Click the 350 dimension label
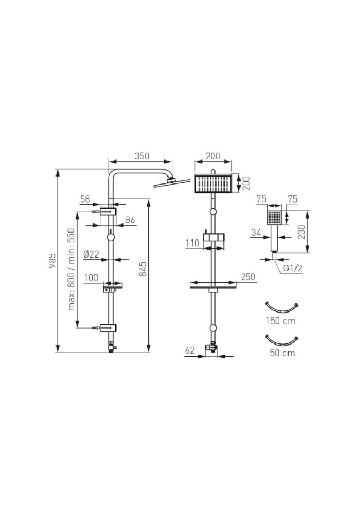click(x=142, y=156)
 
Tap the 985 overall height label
click(x=52, y=261)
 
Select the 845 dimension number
click(x=142, y=269)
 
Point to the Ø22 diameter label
click(x=91, y=254)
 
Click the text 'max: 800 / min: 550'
click(x=71, y=269)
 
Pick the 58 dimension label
click(x=85, y=199)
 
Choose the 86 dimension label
click(x=130, y=219)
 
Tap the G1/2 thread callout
click(x=292, y=268)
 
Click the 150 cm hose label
click(x=281, y=321)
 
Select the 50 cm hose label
click(x=282, y=353)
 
